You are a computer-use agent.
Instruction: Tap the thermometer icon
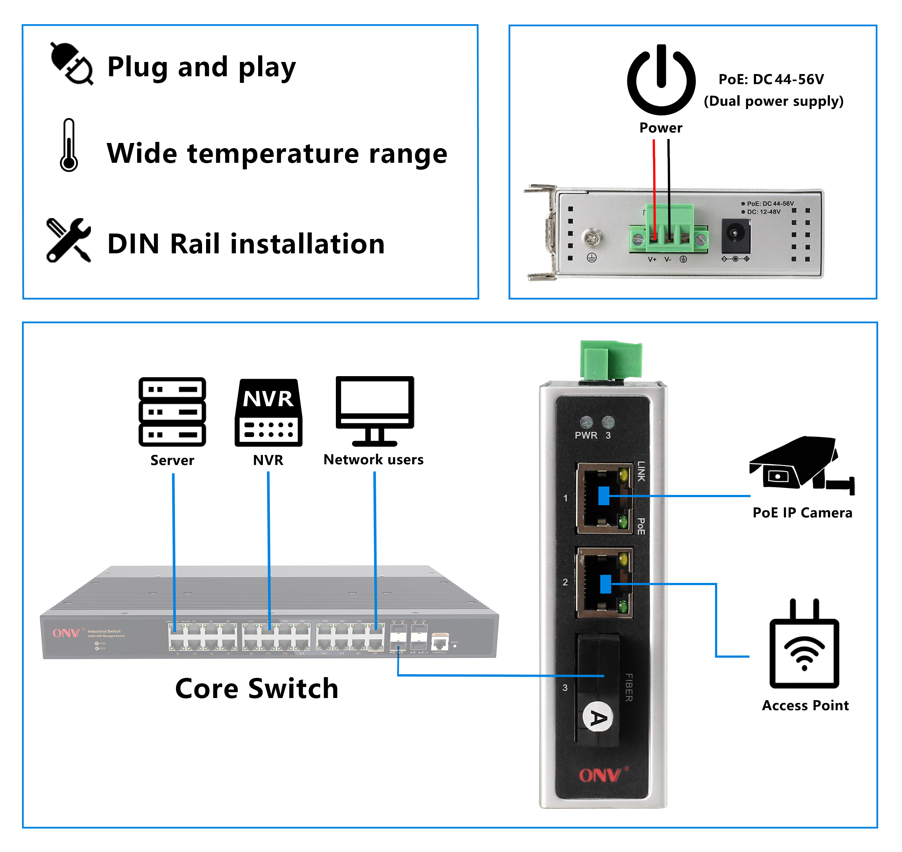click(69, 145)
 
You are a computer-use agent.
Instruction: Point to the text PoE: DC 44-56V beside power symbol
click(771, 80)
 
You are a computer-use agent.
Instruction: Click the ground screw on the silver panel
click(592, 238)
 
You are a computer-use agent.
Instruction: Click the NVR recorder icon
click(268, 412)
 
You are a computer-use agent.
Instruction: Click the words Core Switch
click(257, 688)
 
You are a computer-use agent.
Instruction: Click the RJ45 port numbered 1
click(604, 498)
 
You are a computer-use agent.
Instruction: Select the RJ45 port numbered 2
click(604, 583)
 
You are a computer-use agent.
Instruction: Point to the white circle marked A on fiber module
click(598, 717)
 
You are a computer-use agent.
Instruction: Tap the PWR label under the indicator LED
click(586, 435)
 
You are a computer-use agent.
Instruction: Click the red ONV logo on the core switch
click(66, 633)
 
